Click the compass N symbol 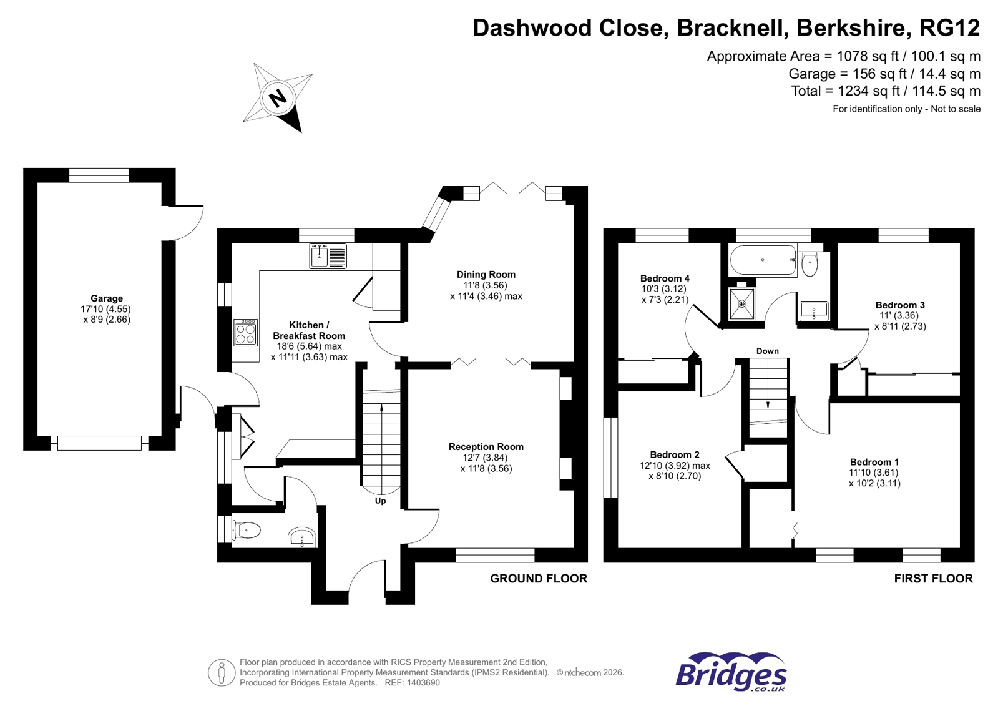[x=277, y=97]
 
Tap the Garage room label [x=107, y=298]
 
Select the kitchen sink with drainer [x=328, y=256]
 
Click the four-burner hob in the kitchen [x=245, y=332]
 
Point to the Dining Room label [x=486, y=274]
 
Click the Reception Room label [x=486, y=447]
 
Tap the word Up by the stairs [x=380, y=501]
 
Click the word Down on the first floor [x=767, y=351]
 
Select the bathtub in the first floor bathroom [x=763, y=260]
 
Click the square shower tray [x=742, y=304]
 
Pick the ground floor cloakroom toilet [x=246, y=531]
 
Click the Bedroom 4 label [x=665, y=278]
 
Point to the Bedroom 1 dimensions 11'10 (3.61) [x=874, y=473]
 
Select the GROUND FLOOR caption [x=539, y=579]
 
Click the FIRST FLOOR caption [x=933, y=579]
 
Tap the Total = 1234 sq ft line [x=885, y=91]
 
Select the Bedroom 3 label [x=900, y=305]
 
